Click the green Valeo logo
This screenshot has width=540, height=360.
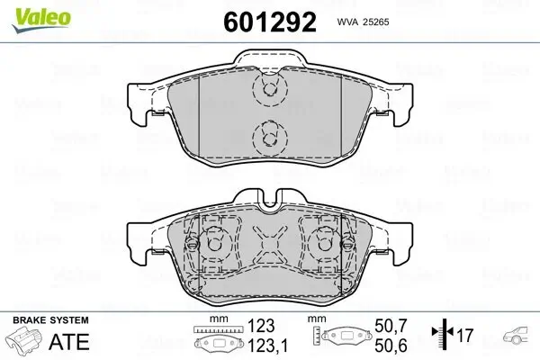click(x=41, y=20)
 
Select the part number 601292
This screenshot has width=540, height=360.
click(x=270, y=22)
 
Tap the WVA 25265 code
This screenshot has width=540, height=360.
click(x=363, y=22)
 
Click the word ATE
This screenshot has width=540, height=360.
click(x=69, y=341)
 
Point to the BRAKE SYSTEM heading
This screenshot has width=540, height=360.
click(x=50, y=320)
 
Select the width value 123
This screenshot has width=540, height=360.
click(x=261, y=326)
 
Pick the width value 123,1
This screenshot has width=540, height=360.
click(x=268, y=346)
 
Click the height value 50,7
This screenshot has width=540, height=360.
click(x=391, y=326)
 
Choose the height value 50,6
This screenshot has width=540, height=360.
click(x=391, y=346)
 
